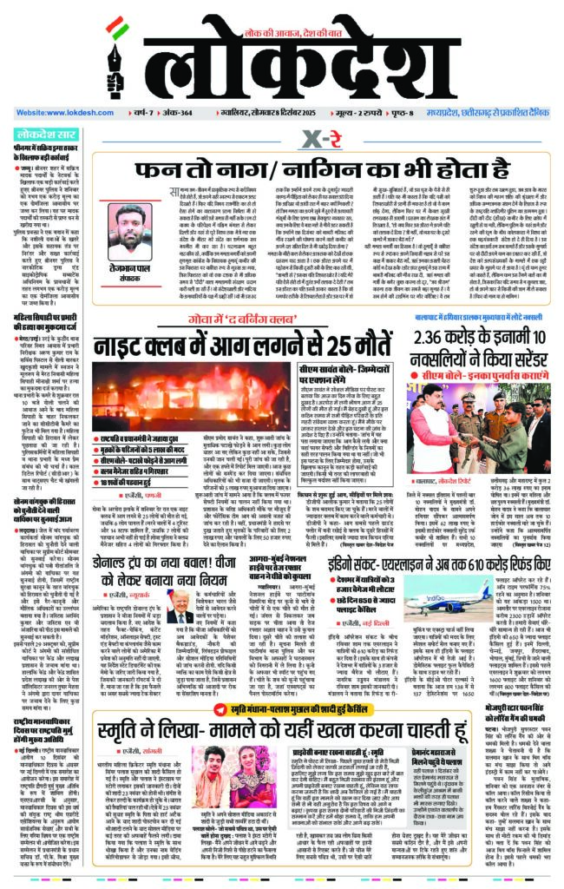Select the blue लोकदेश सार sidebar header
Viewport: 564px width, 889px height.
coord(47,135)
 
